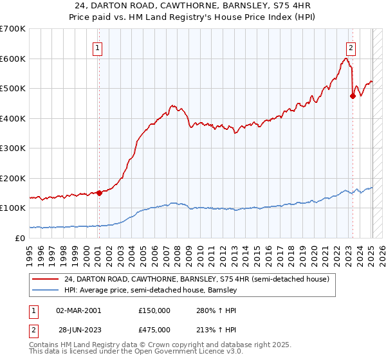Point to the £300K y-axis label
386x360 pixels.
(12, 148)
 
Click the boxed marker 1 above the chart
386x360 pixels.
(98, 47)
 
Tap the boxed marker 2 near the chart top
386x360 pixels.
(351, 47)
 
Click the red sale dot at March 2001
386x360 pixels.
(99, 193)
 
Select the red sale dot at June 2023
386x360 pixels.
(353, 96)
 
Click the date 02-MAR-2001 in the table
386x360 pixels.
(78, 310)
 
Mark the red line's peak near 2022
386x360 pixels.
(346, 59)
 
